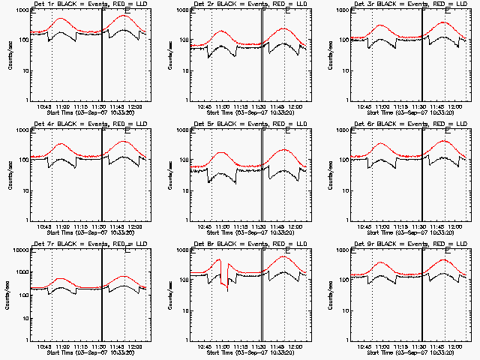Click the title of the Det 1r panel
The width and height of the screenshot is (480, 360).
82,4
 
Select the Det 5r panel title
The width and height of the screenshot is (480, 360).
242,124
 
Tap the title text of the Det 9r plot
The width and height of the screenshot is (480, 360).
402,244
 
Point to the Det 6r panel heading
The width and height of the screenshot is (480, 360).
402,124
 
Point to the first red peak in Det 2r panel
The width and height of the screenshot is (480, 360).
222,31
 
